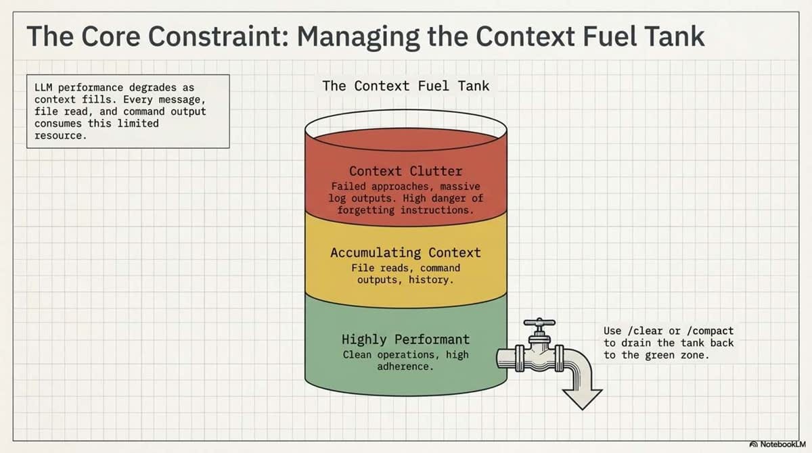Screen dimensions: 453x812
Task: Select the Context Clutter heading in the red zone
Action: pyautogui.click(x=405, y=171)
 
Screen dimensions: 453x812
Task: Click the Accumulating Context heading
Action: pyautogui.click(x=405, y=253)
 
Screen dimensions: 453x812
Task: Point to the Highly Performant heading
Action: pyautogui.click(x=405, y=339)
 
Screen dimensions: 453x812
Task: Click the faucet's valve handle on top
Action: pyautogui.click(x=539, y=323)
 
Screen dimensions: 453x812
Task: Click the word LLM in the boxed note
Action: pyautogui.click(x=43, y=88)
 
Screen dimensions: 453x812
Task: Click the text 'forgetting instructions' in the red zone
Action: pyautogui.click(x=405, y=210)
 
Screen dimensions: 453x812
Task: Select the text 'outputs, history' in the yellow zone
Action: pyautogui.click(x=405, y=280)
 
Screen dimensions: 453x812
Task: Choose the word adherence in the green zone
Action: pyautogui.click(x=405, y=366)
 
